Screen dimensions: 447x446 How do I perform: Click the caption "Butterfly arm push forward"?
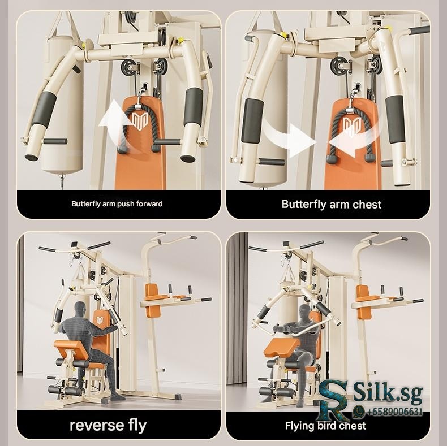pyautogui.click(x=117, y=204)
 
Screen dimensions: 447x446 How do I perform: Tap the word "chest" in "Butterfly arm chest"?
pyautogui.click(x=367, y=205)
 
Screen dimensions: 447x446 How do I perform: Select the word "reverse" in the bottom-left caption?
pyautogui.click(x=96, y=425)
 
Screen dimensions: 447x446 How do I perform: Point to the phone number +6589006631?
pyautogui.click(x=394, y=412)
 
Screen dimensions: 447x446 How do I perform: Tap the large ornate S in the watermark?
pyautogui.click(x=332, y=392)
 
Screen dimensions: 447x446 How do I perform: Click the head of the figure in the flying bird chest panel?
pyautogui.click(x=305, y=311)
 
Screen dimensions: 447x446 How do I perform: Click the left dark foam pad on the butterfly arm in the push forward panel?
pyautogui.click(x=45, y=109)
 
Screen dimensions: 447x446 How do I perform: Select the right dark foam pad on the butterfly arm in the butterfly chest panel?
pyautogui.click(x=395, y=119)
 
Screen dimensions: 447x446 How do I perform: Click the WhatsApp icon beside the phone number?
pyautogui.click(x=360, y=412)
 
